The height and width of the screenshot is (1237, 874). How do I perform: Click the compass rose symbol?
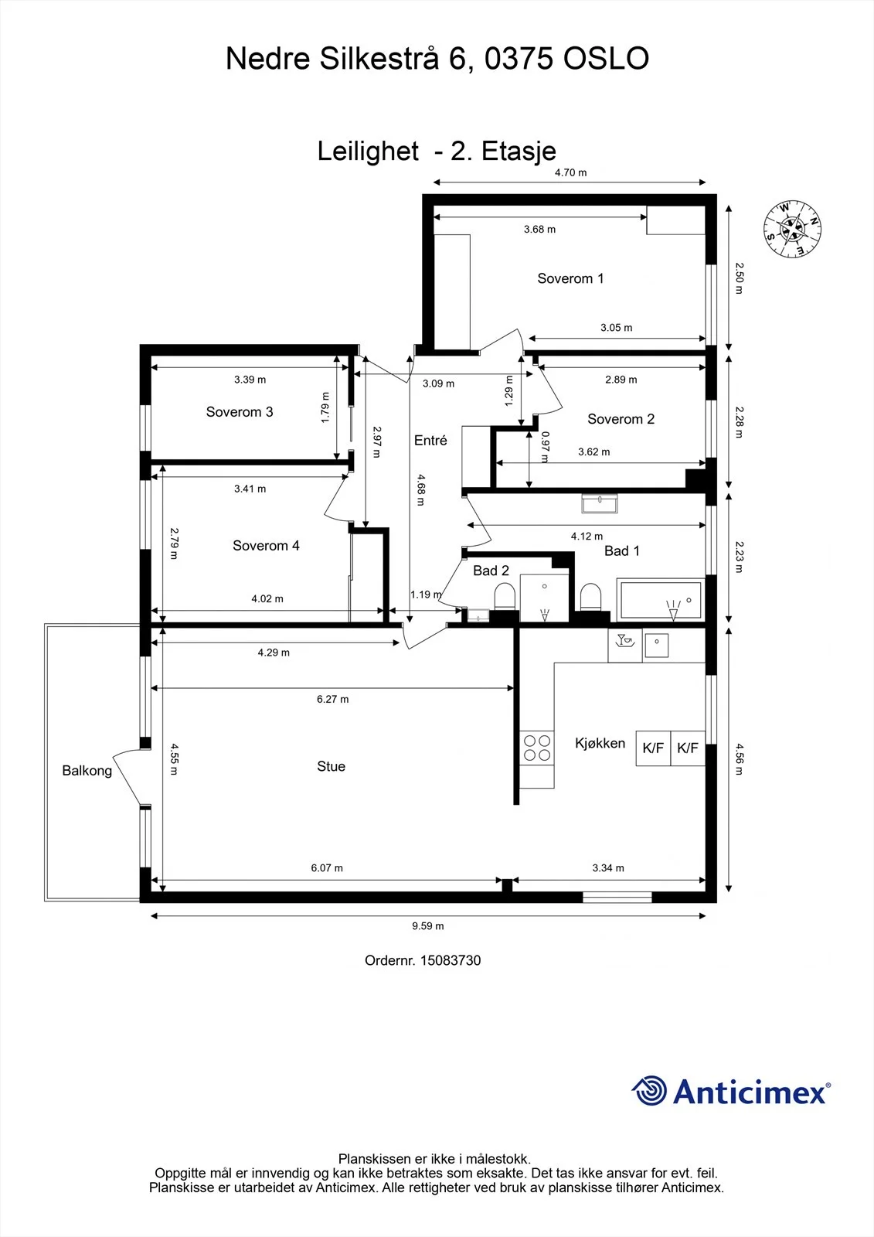click(792, 229)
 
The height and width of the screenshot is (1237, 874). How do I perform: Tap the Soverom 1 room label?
click(570, 278)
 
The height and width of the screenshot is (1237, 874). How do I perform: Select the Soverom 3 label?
click(240, 412)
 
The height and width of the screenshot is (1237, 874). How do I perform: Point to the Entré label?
click(430, 440)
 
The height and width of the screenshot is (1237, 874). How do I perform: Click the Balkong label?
click(87, 771)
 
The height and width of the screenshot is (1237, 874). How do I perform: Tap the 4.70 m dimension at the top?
click(571, 172)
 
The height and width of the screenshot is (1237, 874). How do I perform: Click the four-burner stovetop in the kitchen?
click(537, 748)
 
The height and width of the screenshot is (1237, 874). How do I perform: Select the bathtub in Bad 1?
click(661, 599)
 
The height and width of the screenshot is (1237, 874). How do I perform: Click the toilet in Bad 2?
click(504, 597)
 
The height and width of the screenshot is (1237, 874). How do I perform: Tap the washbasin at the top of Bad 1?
click(600, 503)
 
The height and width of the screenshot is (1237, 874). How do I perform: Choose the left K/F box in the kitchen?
click(653, 748)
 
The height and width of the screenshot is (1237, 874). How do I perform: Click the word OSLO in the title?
click(606, 59)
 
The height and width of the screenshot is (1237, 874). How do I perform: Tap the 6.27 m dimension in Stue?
click(332, 699)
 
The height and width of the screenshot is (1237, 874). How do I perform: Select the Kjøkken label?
click(600, 743)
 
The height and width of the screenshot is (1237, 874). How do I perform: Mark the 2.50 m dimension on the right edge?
click(740, 278)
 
